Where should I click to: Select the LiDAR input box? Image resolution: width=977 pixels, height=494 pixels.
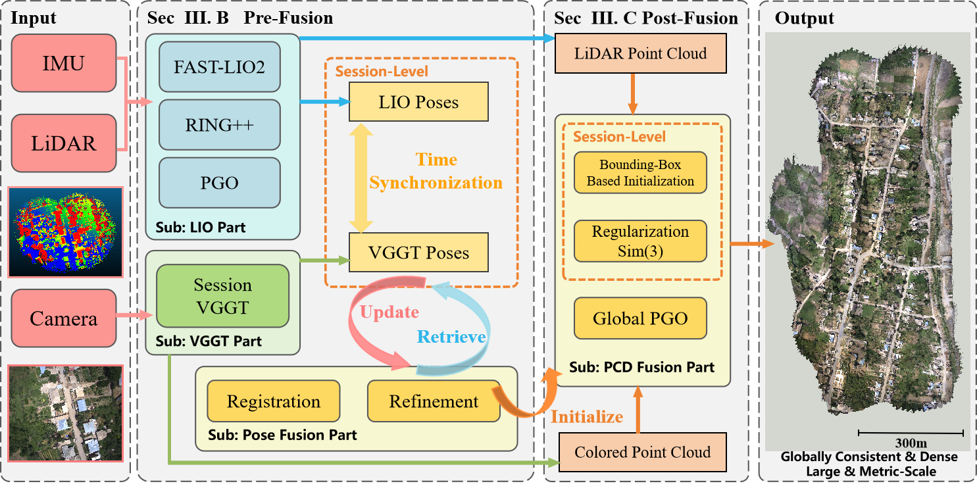click(x=64, y=142)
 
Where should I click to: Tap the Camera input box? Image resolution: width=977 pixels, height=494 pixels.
click(x=64, y=319)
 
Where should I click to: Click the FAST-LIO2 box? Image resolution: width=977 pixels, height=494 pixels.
click(x=220, y=67)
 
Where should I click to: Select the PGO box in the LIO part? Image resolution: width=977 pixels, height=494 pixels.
click(x=220, y=182)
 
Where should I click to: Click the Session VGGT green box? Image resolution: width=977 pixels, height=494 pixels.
click(x=222, y=296)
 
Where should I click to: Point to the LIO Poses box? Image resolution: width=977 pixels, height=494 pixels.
click(x=419, y=102)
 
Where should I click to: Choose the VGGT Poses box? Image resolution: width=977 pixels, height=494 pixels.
click(x=419, y=253)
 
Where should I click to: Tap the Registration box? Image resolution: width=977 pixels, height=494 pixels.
click(x=274, y=401)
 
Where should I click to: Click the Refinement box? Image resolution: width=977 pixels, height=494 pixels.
click(x=434, y=401)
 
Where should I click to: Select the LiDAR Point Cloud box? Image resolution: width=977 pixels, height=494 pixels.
click(x=641, y=53)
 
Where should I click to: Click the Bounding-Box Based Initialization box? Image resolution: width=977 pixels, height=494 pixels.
click(x=640, y=172)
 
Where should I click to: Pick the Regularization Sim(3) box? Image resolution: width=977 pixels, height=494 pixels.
click(x=640, y=241)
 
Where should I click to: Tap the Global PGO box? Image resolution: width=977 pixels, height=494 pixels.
click(x=640, y=319)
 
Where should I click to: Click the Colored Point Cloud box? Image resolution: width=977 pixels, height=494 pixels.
click(x=642, y=452)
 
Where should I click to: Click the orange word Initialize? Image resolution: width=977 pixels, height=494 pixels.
click(x=587, y=417)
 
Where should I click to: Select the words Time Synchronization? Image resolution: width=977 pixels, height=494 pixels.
click(x=436, y=171)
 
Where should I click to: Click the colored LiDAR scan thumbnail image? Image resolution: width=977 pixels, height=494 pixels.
click(x=65, y=232)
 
